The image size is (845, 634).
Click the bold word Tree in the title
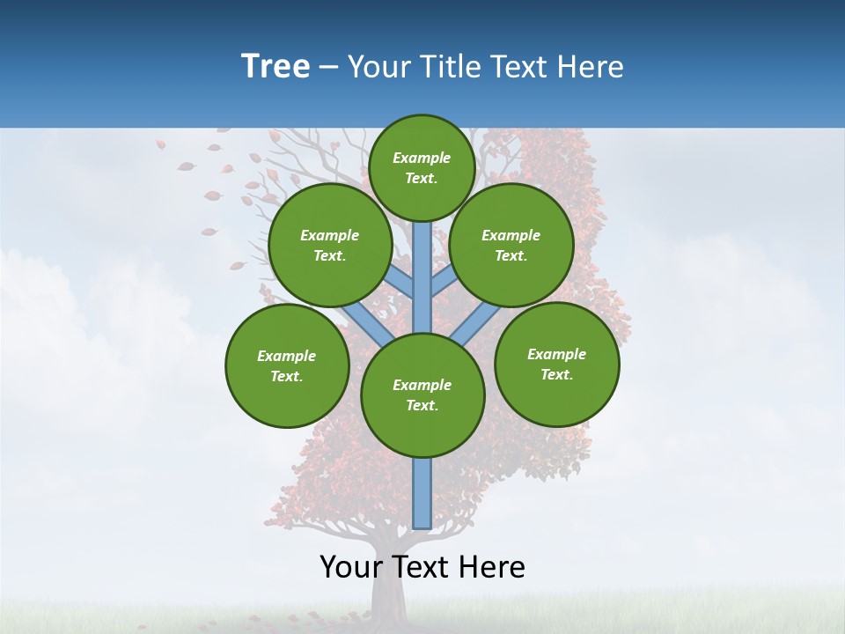coord(276,67)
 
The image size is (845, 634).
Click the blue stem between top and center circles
coord(422,277)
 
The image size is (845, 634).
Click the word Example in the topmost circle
coord(422,158)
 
